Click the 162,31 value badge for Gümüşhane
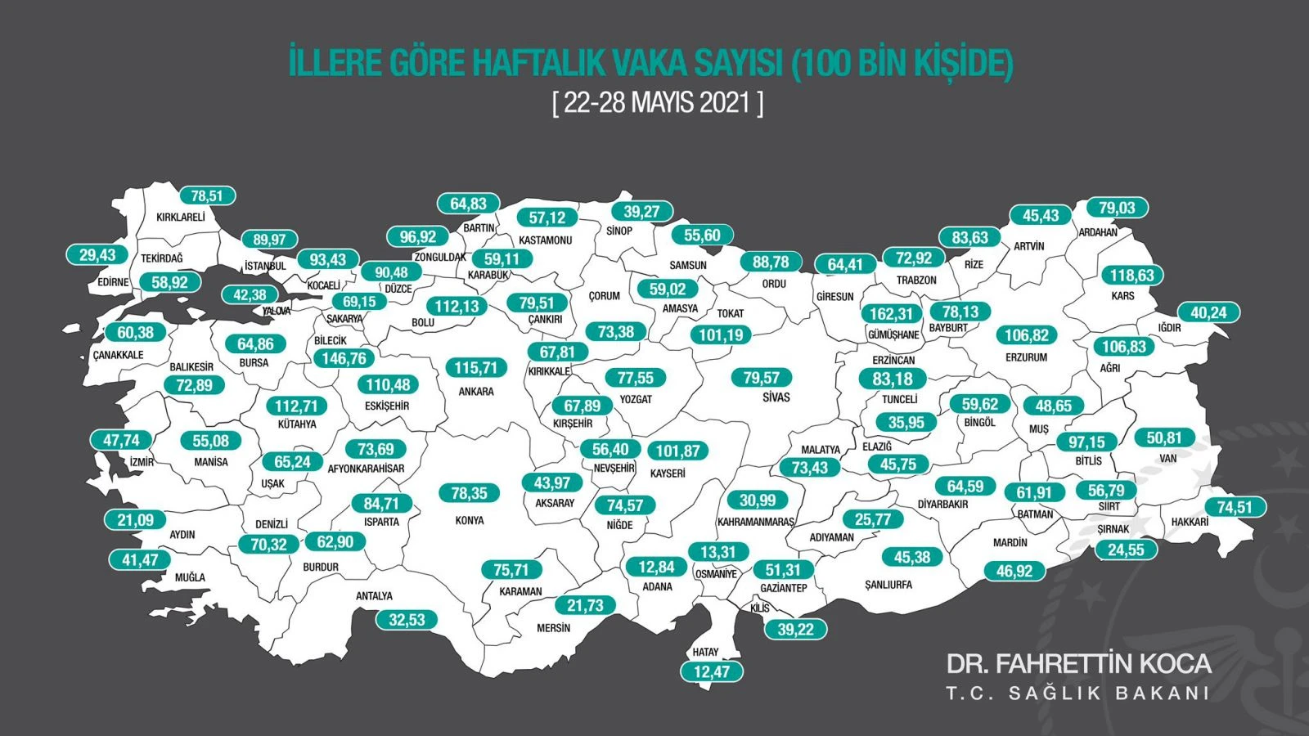tap(891, 314)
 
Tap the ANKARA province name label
tap(476, 392)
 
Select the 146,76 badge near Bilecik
tap(344, 358)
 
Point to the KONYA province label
tap(470, 520)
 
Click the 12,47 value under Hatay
tap(711, 671)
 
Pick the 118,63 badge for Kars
tap(1131, 276)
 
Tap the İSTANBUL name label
tap(265, 266)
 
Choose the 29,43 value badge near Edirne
tap(97, 255)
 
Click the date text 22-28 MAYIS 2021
tap(658, 103)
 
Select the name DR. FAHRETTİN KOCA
tap(1078, 663)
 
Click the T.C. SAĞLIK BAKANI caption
tap(1077, 693)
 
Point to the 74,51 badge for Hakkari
tap(1235, 507)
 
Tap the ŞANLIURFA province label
tap(888, 585)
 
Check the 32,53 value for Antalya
tap(407, 620)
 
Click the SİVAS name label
tap(776, 397)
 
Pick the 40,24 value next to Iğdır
tap(1208, 312)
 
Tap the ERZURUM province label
tap(1026, 357)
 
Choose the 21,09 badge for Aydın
tap(135, 519)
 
